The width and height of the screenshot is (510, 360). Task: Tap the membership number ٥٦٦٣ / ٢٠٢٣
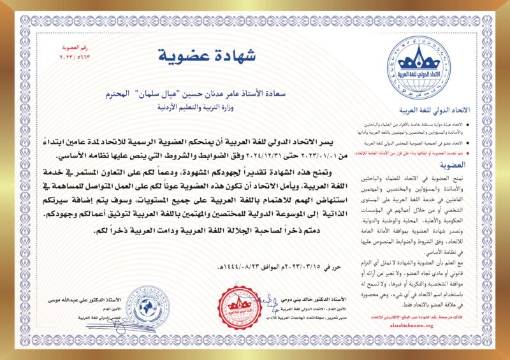[76, 57]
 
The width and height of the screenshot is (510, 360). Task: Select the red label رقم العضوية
[76, 48]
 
